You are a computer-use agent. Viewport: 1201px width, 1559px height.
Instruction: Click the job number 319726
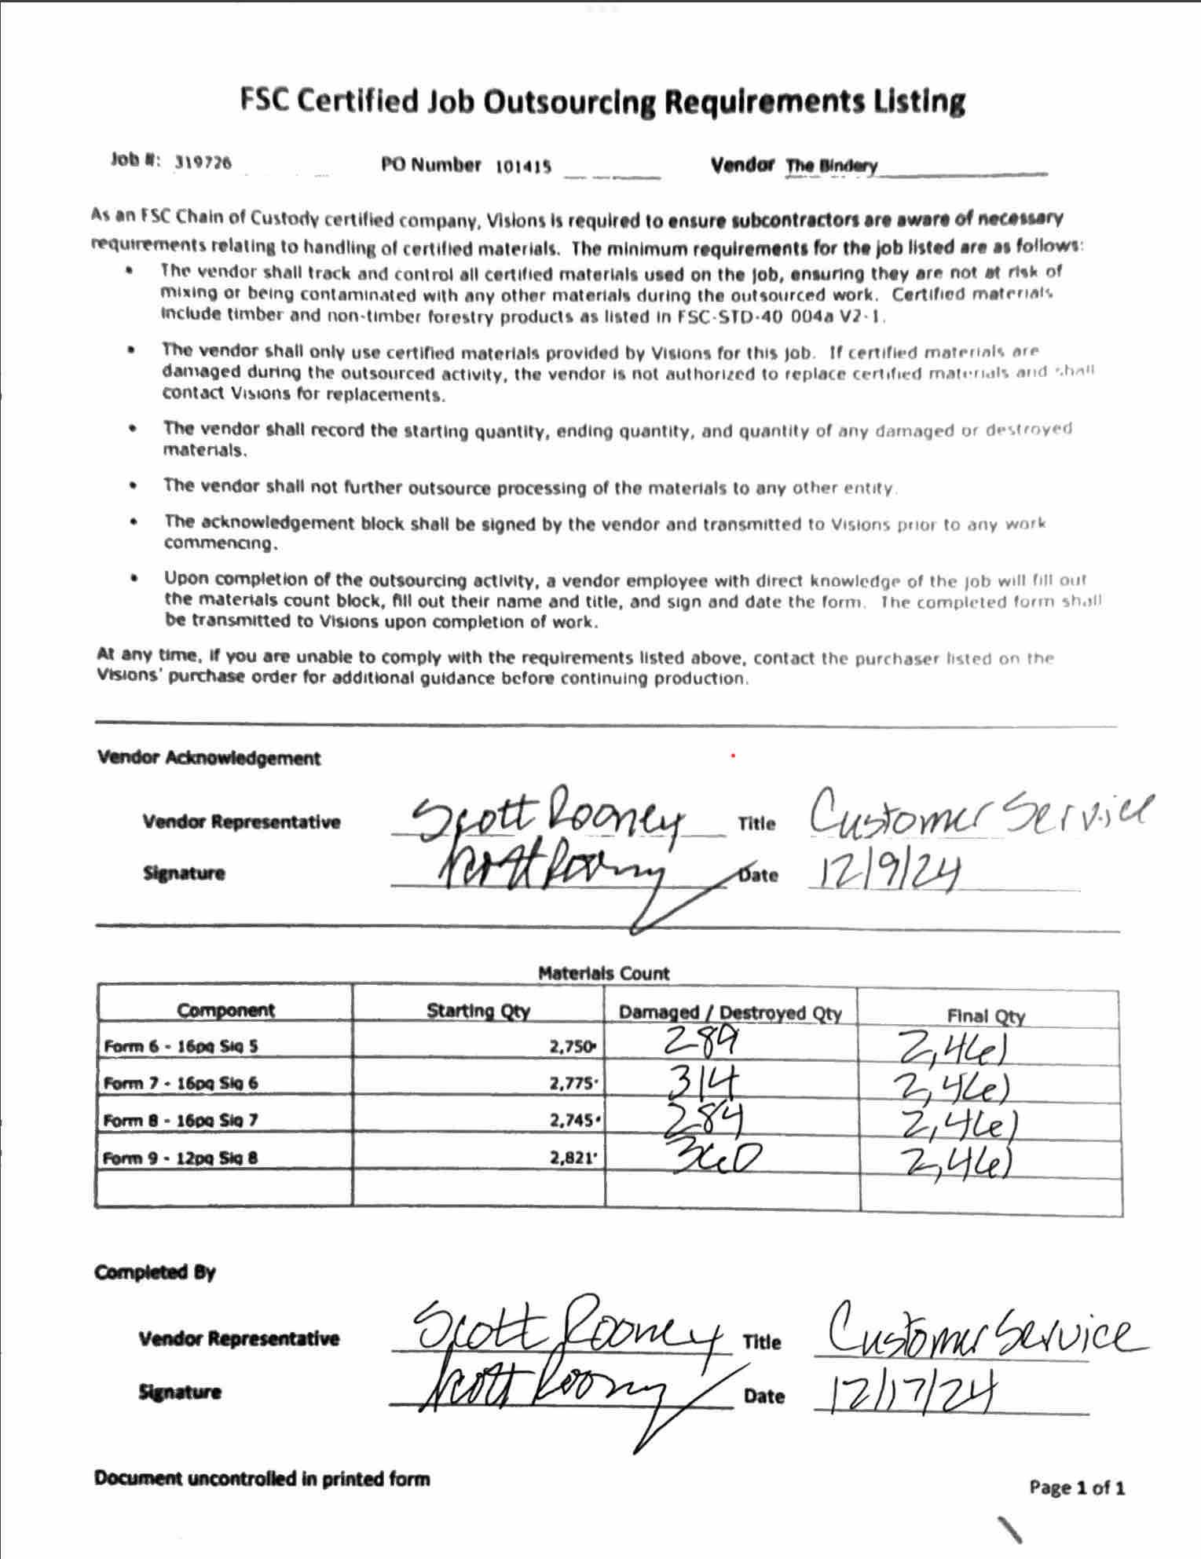[203, 163]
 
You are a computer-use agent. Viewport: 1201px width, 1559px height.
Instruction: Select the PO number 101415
[523, 167]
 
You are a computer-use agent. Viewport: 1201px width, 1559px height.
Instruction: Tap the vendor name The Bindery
[831, 166]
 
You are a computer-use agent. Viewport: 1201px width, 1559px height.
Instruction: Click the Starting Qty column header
[478, 1011]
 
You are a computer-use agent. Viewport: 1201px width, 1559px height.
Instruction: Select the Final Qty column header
[986, 1016]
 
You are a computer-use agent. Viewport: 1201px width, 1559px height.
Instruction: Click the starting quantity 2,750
[572, 1046]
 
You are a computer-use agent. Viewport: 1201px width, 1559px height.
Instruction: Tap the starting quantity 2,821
[573, 1158]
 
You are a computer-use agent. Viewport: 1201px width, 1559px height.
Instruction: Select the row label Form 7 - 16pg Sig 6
[181, 1083]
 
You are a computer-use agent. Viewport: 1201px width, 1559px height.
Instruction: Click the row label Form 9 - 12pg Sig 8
[181, 1158]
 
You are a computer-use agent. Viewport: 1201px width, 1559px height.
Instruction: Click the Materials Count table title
[603, 973]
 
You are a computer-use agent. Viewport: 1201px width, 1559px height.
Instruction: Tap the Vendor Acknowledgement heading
[209, 758]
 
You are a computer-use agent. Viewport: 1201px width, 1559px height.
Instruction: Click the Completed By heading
[155, 1272]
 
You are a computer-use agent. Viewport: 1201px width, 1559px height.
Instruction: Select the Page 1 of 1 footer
[1077, 1487]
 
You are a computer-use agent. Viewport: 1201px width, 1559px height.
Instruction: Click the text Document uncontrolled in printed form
[262, 1478]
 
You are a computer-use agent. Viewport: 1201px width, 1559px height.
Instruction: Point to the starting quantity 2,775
[573, 1083]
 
